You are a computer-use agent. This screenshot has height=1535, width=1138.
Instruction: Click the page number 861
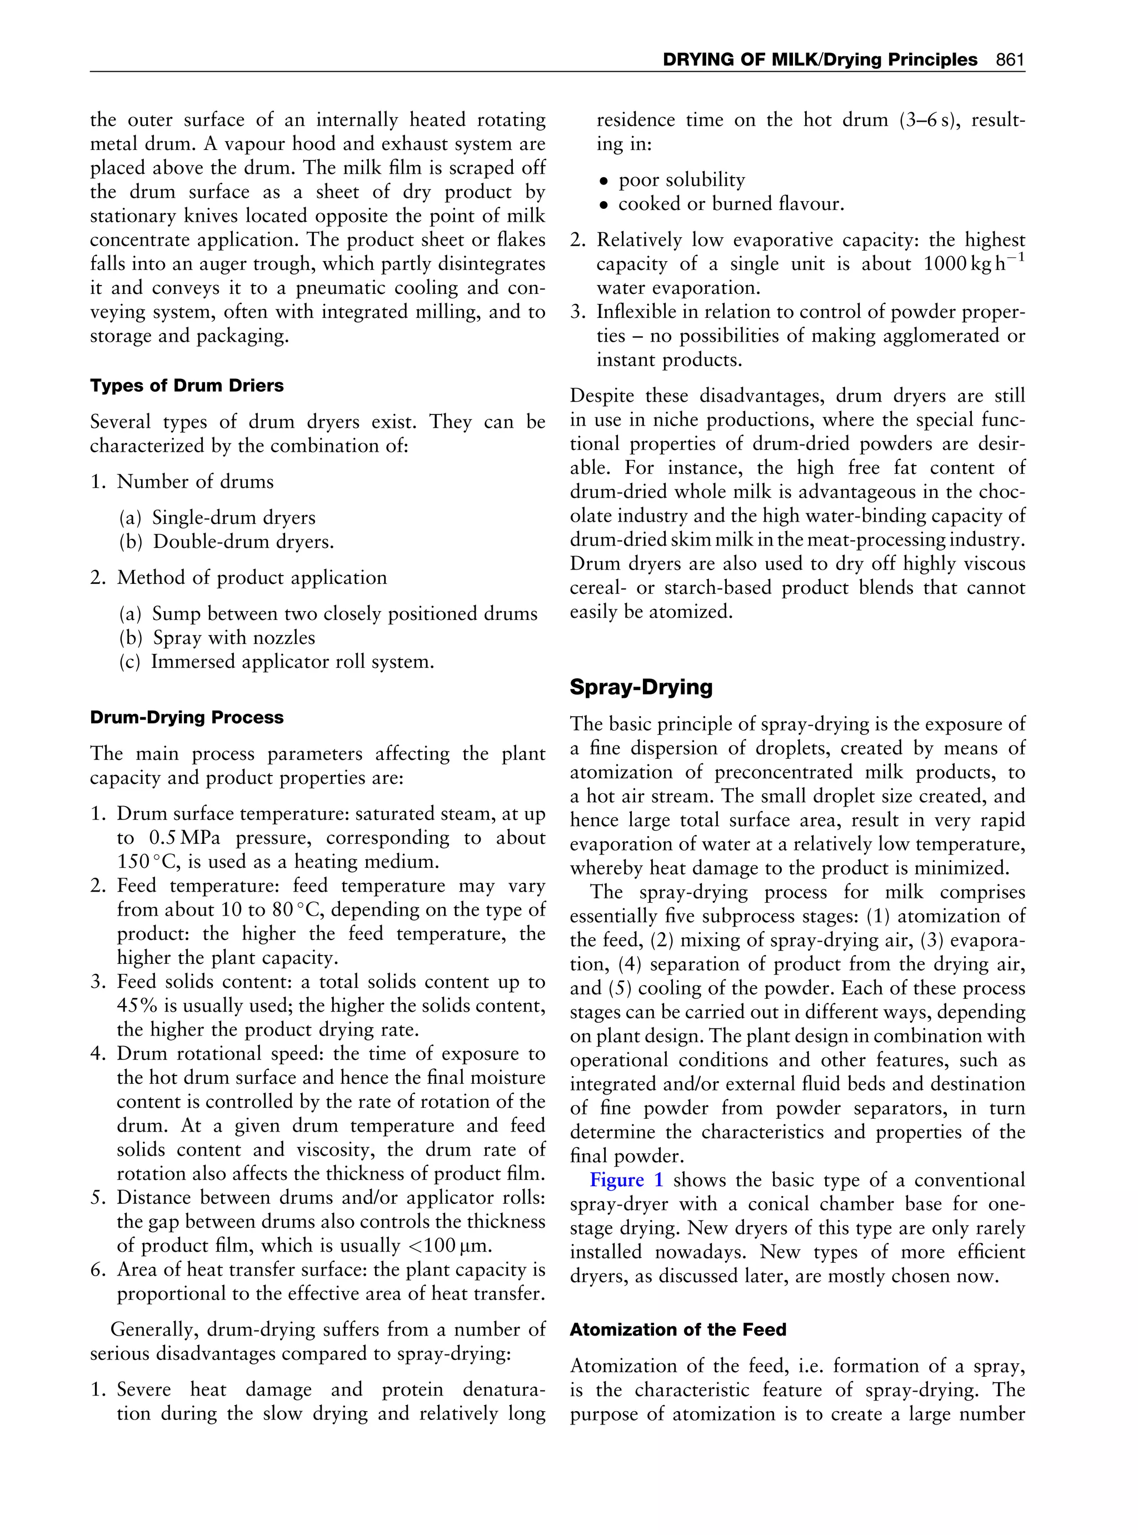(1010, 60)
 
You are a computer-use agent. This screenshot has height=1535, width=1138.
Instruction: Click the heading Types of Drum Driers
(187, 386)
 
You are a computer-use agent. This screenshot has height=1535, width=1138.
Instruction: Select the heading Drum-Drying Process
(187, 718)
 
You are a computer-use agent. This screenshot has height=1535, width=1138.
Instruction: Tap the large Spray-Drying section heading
(641, 687)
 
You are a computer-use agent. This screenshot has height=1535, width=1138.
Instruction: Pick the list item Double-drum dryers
(242, 542)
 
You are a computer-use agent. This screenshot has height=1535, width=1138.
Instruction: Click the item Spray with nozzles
(233, 638)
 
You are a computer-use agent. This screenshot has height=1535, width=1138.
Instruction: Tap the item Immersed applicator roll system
(292, 662)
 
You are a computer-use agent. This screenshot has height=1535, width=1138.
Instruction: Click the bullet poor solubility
(681, 181)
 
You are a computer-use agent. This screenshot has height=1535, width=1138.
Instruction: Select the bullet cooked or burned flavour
(730, 204)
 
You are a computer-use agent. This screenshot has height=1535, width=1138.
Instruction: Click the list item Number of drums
(194, 481)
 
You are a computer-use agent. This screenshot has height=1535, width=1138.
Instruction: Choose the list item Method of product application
(251, 577)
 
